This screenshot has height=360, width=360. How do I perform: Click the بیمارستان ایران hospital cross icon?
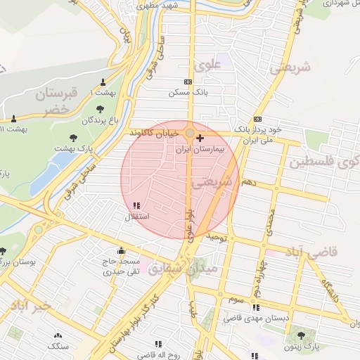pos(202,138)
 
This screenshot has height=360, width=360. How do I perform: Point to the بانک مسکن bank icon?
pos(187,82)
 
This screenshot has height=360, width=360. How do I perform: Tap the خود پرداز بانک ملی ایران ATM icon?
pos(257,119)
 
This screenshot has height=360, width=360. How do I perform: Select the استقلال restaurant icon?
pos(136,206)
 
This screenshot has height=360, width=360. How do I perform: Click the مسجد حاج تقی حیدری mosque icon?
pos(120,250)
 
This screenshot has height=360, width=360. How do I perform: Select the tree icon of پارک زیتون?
pos(302,335)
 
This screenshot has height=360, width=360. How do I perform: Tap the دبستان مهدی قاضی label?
pos(256,319)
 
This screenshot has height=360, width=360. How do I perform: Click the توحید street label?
pos(218,239)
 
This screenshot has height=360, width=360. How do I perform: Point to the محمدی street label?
pos(269,222)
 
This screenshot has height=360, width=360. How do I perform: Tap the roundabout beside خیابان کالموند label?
pos(190,132)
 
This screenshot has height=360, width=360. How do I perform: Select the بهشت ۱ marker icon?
pos(103,82)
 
